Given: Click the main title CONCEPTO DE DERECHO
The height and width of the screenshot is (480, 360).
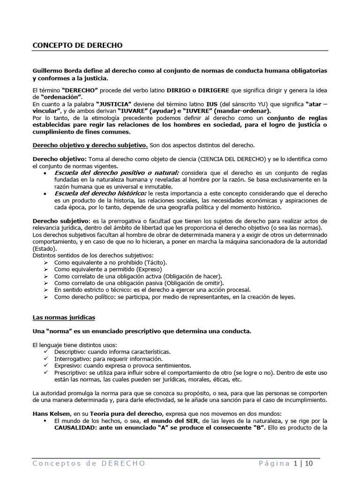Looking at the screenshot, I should [x=77, y=45].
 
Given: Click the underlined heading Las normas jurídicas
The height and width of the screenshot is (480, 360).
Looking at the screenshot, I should [x=63, y=317].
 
